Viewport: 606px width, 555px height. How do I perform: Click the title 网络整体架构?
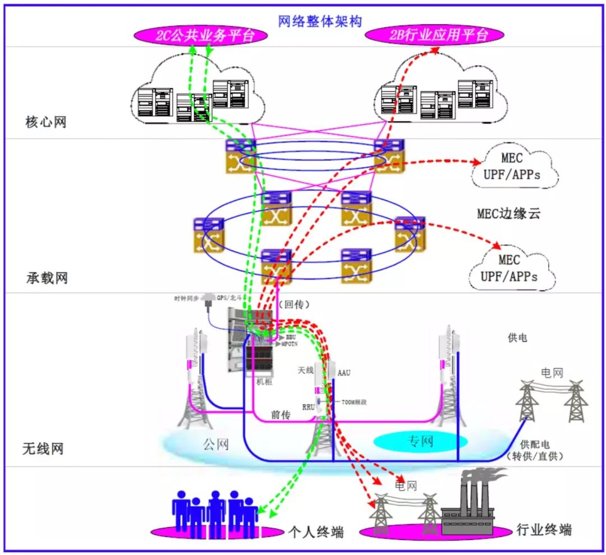tap(320, 22)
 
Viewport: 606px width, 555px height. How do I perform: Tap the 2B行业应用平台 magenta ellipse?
tap(434, 36)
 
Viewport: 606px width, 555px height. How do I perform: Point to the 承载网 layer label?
tap(46, 277)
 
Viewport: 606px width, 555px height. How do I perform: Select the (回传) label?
tap(294, 304)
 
